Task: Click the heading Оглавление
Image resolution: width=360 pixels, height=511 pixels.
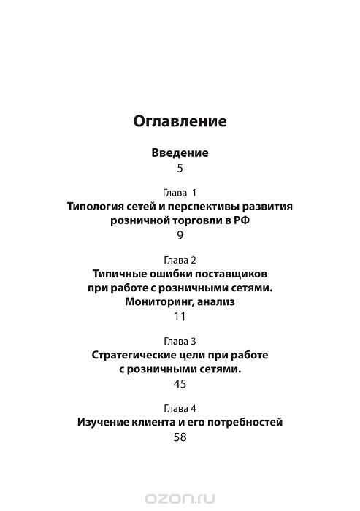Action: coord(180,120)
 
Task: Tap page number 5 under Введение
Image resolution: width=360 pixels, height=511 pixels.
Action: coord(180,169)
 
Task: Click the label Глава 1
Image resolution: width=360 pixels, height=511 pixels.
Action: coord(180,193)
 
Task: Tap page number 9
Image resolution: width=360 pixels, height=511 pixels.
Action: coord(180,236)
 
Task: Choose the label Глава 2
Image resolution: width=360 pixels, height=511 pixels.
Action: coord(180,259)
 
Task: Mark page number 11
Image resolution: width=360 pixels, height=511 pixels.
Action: coord(180,317)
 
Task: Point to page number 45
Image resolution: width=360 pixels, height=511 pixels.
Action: coord(180,384)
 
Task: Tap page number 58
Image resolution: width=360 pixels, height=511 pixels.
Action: coord(180,437)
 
